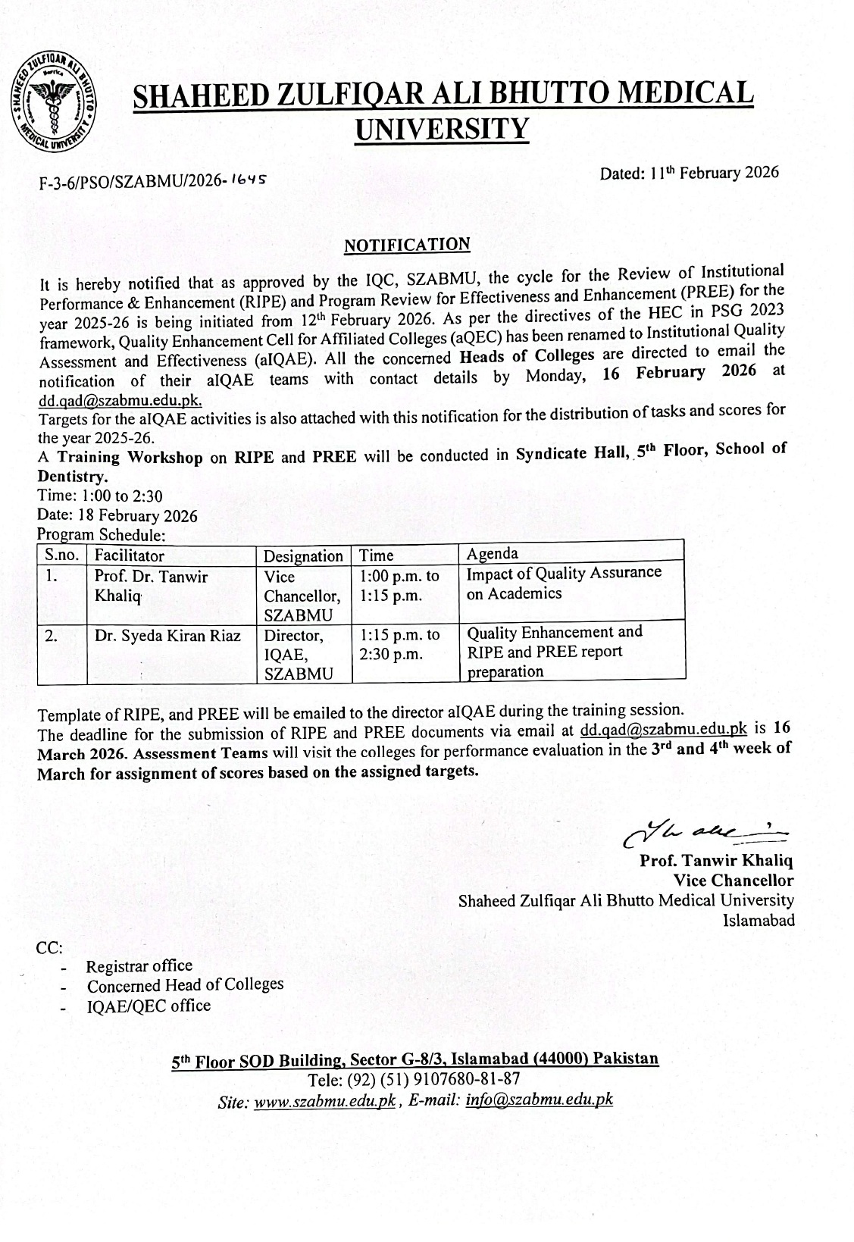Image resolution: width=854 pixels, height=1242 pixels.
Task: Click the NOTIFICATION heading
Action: (407, 245)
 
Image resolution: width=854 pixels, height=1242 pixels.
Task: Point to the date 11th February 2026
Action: (690, 173)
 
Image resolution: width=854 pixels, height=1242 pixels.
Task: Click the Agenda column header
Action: (493, 552)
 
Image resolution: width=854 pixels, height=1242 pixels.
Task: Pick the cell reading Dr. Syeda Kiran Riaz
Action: (167, 637)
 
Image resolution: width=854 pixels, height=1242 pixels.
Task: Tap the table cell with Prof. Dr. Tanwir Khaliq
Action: (151, 586)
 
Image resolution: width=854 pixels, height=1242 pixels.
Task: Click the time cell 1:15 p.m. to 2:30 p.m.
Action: (399, 643)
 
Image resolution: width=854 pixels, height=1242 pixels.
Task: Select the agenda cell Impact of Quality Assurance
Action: (564, 582)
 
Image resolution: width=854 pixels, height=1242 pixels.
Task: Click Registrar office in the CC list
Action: (139, 966)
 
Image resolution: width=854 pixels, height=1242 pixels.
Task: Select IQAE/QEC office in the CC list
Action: (149, 1006)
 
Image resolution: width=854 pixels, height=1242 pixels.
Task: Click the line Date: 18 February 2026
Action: (117, 516)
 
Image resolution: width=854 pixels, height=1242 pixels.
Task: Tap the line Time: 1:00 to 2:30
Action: (101, 496)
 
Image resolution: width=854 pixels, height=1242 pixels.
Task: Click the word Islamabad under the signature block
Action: (759, 921)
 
